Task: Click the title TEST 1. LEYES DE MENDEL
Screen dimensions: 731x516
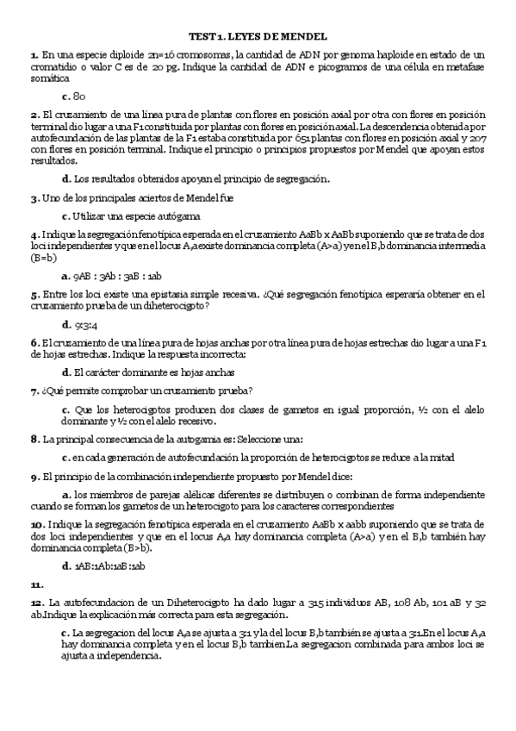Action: pos(258,36)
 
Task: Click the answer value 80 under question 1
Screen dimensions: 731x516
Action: pos(79,97)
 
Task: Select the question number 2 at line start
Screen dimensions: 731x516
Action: pos(34,115)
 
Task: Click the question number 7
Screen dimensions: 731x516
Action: pos(34,390)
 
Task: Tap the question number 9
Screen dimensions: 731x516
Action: pos(34,476)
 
